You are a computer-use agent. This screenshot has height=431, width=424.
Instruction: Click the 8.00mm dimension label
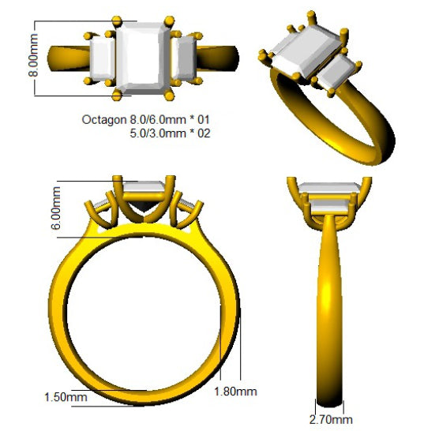[x=34, y=55]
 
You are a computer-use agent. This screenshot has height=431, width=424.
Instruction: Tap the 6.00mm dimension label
[x=56, y=208]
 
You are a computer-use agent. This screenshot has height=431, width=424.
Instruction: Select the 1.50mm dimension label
[x=66, y=397]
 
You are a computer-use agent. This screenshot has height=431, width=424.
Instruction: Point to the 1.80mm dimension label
[x=235, y=392]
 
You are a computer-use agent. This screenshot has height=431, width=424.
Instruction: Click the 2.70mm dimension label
[x=331, y=420]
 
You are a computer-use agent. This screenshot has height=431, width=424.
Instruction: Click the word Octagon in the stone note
[x=103, y=120]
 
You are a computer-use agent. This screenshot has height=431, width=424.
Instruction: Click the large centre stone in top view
[x=143, y=58]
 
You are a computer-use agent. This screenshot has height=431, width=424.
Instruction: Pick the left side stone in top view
[x=103, y=59]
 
